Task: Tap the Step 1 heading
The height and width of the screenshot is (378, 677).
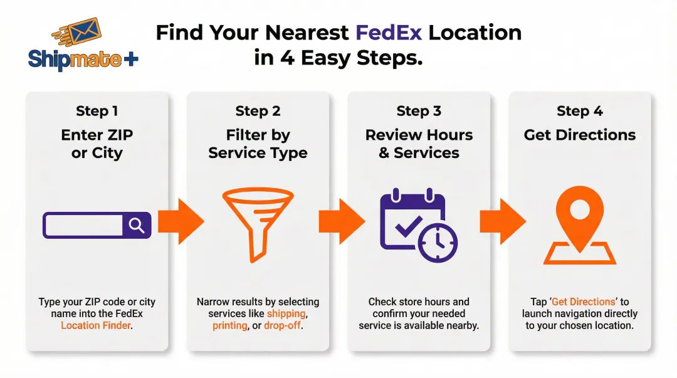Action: [x=97, y=112]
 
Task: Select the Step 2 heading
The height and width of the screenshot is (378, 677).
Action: [x=258, y=112]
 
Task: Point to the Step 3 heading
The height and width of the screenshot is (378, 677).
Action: [x=419, y=112]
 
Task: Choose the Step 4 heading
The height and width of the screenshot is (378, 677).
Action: [x=580, y=112]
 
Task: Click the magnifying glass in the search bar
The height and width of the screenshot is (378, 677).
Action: [x=137, y=225]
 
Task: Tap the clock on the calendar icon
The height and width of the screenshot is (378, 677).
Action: [x=438, y=241]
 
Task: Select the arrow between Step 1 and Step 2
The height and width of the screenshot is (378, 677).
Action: [x=180, y=221]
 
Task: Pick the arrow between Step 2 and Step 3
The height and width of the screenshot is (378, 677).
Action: [x=341, y=221]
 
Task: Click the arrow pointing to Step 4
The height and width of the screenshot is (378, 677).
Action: [x=502, y=221]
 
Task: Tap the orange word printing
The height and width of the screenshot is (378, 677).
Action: [x=230, y=325]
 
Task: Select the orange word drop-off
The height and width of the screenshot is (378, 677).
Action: [x=282, y=325]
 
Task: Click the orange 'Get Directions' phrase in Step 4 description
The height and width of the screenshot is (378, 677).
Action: [x=574, y=302]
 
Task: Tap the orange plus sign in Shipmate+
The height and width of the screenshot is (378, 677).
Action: [x=130, y=60]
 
